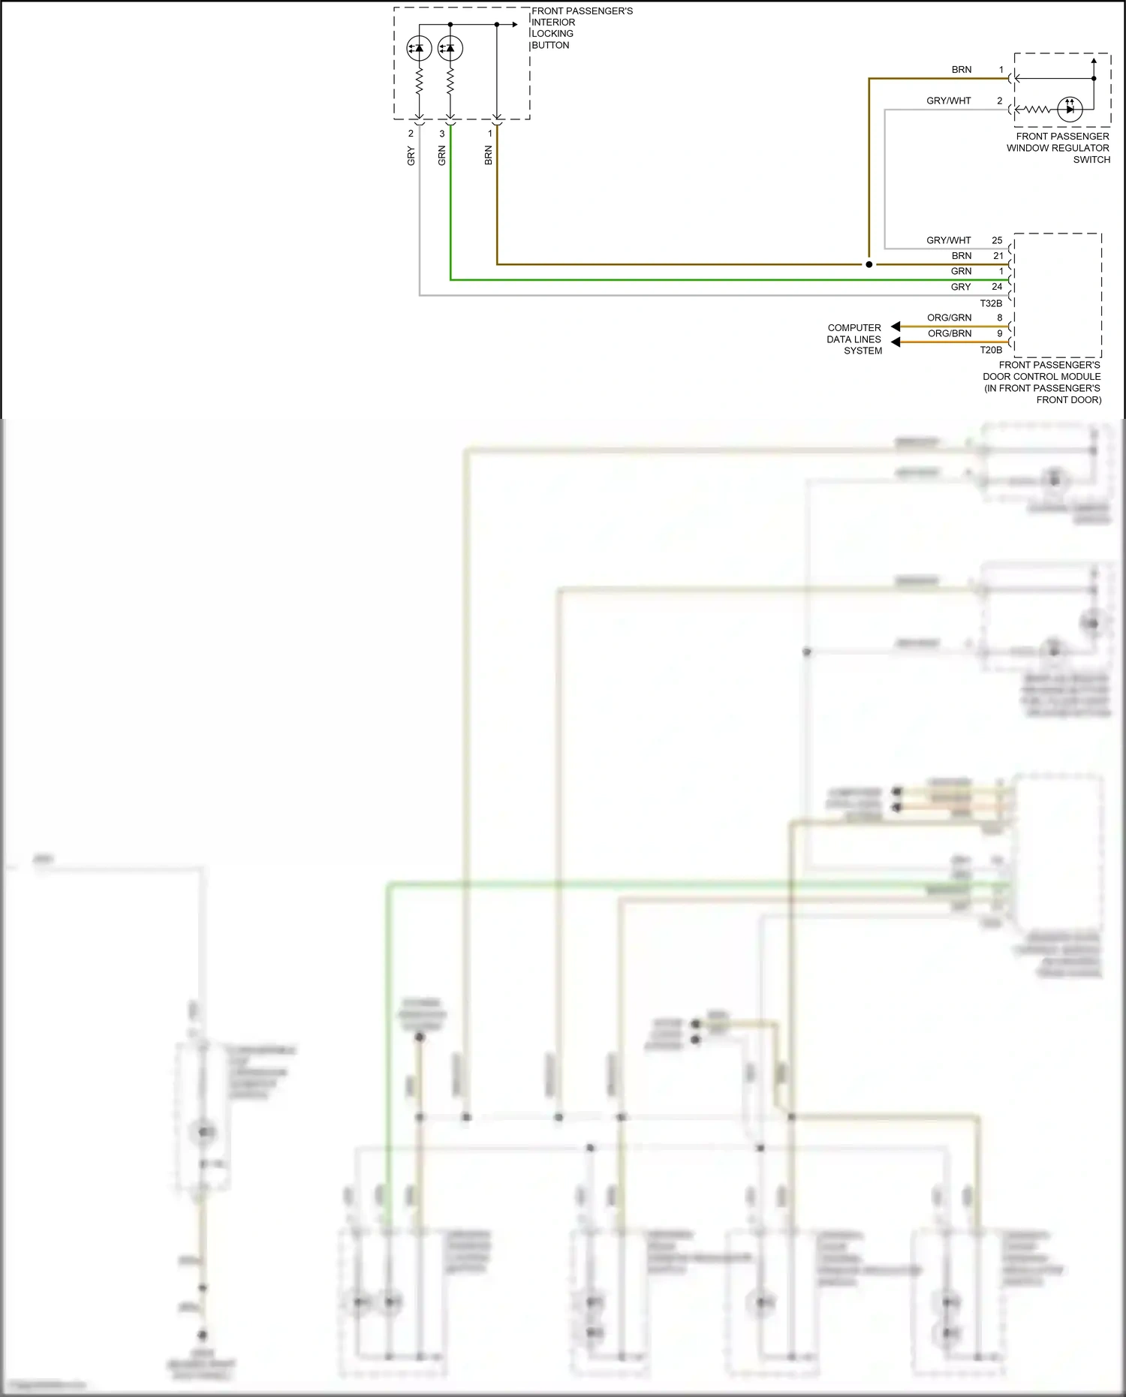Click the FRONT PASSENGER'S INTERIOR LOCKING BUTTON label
coord(582,29)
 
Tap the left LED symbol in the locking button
coord(419,49)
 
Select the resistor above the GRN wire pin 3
coord(450,81)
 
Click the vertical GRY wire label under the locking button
coord(411,156)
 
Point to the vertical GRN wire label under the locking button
coord(442,156)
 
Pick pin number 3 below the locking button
coord(442,134)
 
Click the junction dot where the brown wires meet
coord(869,264)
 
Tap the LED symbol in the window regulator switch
coord(1070,109)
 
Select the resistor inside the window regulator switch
coord(1037,110)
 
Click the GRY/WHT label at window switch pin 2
coord(949,101)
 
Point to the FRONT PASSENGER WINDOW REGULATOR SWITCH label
coord(1058,148)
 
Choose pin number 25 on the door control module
coord(997,240)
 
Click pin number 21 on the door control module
coord(998,256)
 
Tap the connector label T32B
coord(991,303)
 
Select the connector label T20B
coord(991,350)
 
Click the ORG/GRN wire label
coord(949,318)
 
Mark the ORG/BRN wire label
coord(950,333)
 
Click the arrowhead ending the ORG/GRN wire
coord(896,327)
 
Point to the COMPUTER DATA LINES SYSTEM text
coord(855,339)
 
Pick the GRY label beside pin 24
coord(961,287)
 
